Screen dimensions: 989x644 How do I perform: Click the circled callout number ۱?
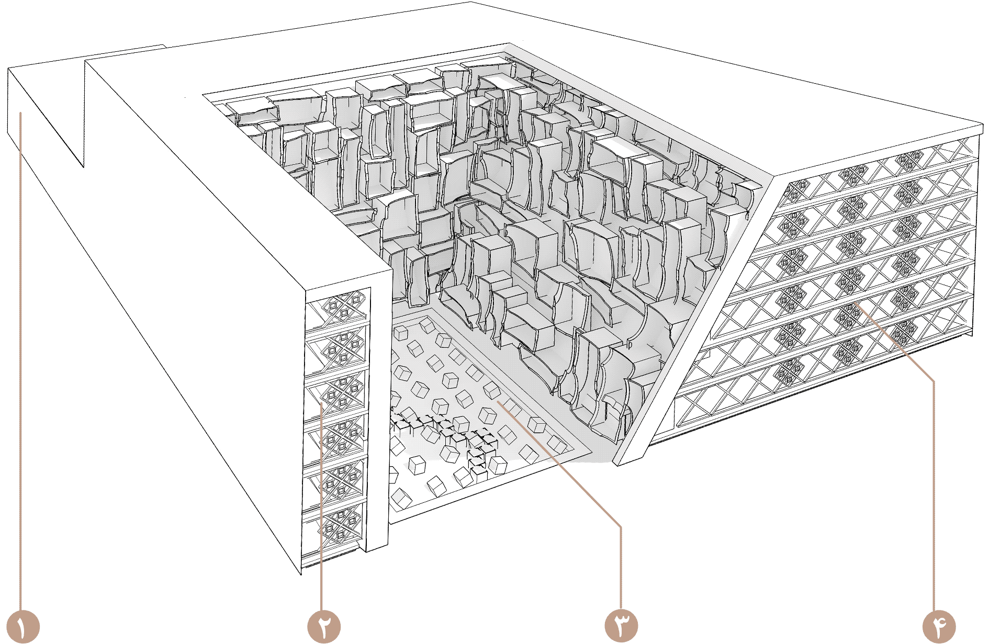coord(23,626)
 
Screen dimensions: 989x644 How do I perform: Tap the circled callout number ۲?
coord(324,626)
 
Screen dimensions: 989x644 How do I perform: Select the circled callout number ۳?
coord(621,626)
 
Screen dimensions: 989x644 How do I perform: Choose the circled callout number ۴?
coord(939,626)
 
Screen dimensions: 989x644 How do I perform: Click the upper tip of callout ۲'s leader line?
coord(321,403)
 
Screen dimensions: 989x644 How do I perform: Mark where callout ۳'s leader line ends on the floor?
coord(499,402)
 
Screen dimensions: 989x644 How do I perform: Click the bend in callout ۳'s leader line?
coord(621,525)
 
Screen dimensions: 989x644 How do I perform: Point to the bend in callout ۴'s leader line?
coord(933,380)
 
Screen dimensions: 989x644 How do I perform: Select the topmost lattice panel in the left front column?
coord(337,310)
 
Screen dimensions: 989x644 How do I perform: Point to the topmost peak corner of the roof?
coord(469,2)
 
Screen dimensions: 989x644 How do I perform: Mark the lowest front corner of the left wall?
coord(301,574)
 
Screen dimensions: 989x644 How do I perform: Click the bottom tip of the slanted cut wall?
coord(616,464)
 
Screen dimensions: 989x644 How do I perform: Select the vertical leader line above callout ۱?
coord(21,361)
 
